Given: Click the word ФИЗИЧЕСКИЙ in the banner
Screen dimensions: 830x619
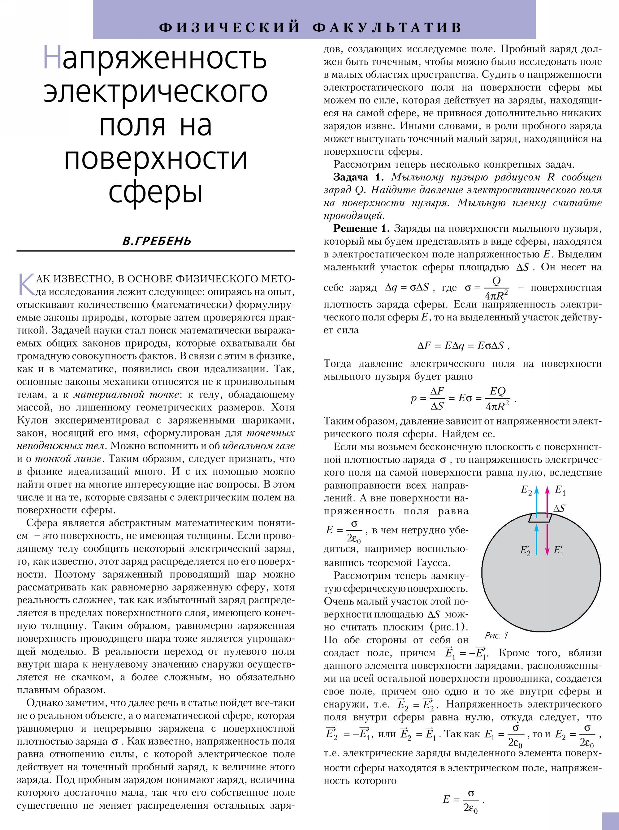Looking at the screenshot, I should pos(229,27).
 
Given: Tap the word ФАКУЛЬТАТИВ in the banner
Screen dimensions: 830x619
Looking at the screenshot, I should pos(387,27).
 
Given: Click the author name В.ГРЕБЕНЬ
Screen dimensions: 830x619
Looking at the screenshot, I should pos(157,240).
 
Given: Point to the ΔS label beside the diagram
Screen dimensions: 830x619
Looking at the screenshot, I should pos(560,508).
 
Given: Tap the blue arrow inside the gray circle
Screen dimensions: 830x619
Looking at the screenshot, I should pos(537,539).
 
